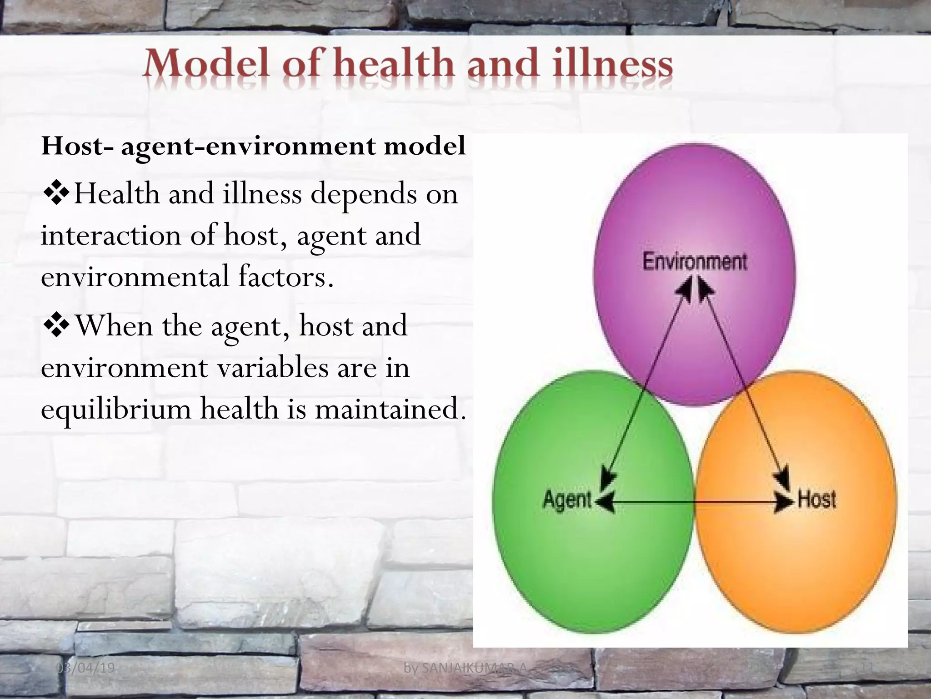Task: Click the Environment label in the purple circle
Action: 694,262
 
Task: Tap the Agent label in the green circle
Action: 567,500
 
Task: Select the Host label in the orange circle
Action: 816,499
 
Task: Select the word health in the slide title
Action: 394,65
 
